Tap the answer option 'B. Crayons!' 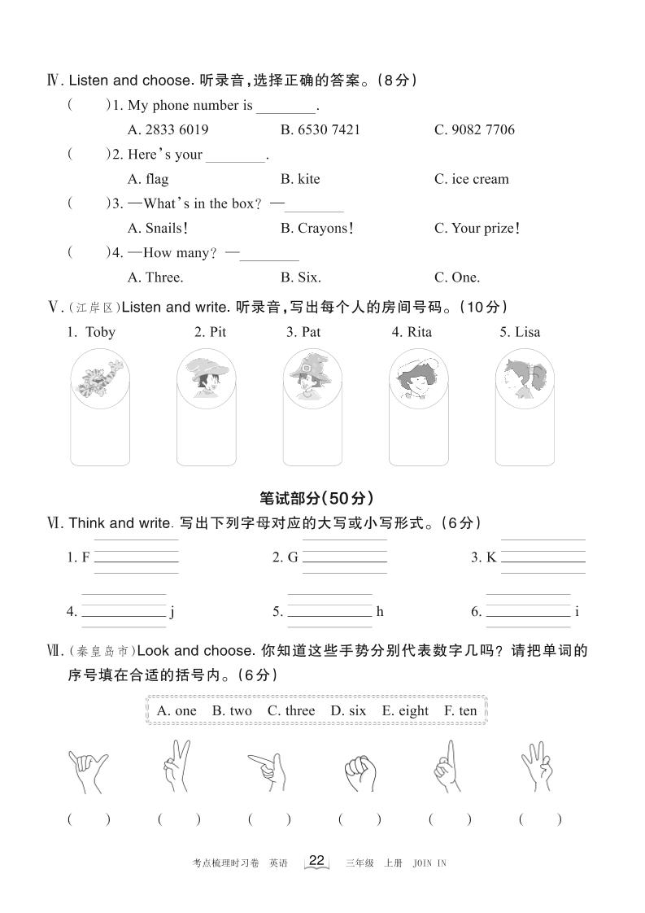coord(316,228)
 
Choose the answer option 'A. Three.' coord(155,277)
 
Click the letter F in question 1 coord(85,557)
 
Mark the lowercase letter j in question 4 coord(172,612)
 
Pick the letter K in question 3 coord(491,557)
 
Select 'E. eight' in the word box coord(405,710)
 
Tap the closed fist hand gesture coord(358,769)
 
